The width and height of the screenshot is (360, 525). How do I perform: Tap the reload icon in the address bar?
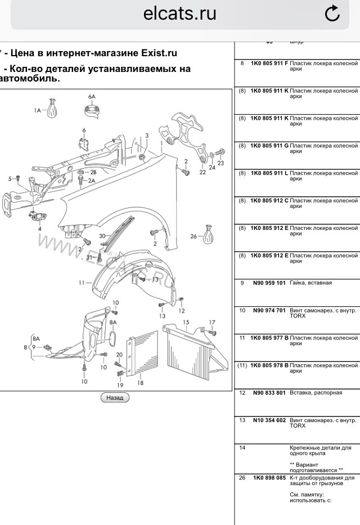point(332,13)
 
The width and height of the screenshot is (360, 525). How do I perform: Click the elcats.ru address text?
point(180,13)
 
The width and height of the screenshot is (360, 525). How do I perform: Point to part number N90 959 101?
point(269,283)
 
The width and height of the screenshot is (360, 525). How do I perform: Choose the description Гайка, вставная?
point(310,283)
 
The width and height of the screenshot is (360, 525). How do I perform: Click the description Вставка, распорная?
point(316,392)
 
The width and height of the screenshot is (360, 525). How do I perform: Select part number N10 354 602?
point(269,420)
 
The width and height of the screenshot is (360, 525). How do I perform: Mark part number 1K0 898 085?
point(269,478)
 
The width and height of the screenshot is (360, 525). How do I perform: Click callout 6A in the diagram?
point(92,97)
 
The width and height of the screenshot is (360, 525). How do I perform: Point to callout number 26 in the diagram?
point(193,237)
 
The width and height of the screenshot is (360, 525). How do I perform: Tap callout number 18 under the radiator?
point(140,383)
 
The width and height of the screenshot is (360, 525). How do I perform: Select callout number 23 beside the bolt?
point(220,163)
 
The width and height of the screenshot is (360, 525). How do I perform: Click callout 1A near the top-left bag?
point(38,111)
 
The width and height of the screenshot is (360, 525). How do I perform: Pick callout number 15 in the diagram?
point(185,323)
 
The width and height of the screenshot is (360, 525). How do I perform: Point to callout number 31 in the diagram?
point(89,257)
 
